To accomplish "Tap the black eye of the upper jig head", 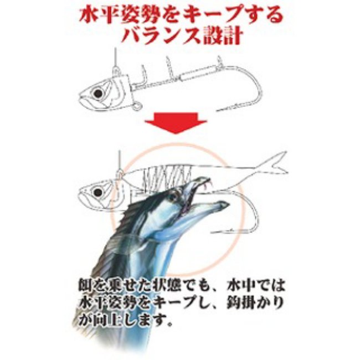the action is point(98,93).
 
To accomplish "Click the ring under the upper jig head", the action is point(138,106).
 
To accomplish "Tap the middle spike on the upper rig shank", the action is point(169,67).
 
